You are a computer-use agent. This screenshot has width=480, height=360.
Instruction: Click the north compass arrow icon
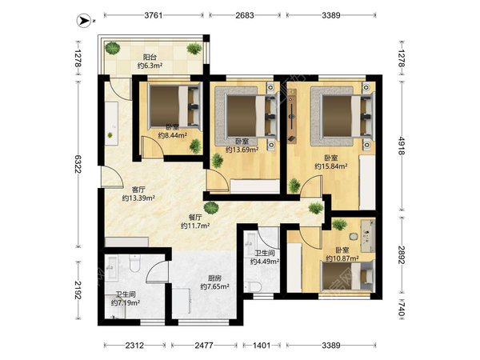[83, 21]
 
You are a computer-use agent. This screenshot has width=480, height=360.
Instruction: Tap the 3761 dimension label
[154, 15]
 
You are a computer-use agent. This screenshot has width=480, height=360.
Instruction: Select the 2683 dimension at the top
[245, 15]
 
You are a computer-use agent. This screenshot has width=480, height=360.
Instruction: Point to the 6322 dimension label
[78, 164]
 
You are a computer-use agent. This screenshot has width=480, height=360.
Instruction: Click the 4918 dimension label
[402, 146]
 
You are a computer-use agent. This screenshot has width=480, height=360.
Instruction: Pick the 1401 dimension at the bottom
[262, 346]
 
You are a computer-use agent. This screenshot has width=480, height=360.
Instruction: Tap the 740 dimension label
[402, 309]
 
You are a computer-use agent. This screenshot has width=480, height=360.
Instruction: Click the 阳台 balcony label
[150, 58]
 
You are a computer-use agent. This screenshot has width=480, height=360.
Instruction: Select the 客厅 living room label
[138, 190]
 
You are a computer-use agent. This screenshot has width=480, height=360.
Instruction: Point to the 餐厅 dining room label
[195, 218]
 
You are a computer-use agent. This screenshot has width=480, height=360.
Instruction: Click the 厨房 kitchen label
[214, 278]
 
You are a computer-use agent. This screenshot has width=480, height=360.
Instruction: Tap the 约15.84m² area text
[331, 166]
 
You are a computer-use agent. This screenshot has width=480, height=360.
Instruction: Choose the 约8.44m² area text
[172, 135]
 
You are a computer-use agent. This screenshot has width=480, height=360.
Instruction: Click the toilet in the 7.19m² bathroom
[134, 262]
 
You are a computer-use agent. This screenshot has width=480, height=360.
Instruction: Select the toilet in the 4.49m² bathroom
[253, 287]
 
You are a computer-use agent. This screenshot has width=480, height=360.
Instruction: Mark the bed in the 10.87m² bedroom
[347, 277]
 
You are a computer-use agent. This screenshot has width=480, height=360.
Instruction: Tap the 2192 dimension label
[78, 290]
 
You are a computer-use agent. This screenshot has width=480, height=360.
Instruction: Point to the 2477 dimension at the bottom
[204, 346]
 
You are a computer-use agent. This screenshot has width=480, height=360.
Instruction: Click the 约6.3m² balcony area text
[150, 66]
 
